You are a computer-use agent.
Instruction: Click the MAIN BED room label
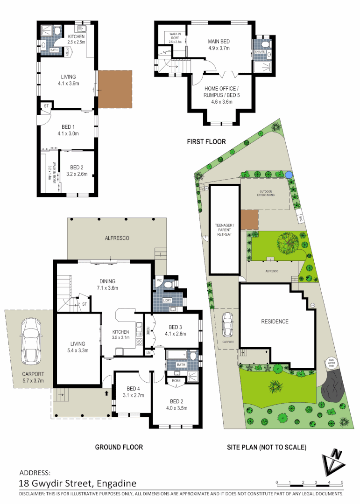pos(219,45)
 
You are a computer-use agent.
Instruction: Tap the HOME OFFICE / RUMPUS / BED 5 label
pos(221,95)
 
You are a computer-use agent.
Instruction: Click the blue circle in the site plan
pos(289,175)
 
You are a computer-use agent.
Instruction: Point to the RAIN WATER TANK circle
pos(331,362)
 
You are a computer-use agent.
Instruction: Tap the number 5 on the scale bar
pos(342,482)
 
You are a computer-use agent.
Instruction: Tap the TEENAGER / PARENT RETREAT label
pos(224,229)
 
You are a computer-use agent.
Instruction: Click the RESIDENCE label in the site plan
pos(275,322)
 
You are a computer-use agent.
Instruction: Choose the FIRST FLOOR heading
pos(206,141)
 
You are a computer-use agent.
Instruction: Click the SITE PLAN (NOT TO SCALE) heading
pos(266,447)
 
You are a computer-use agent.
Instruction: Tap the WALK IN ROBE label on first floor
pos(175,36)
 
